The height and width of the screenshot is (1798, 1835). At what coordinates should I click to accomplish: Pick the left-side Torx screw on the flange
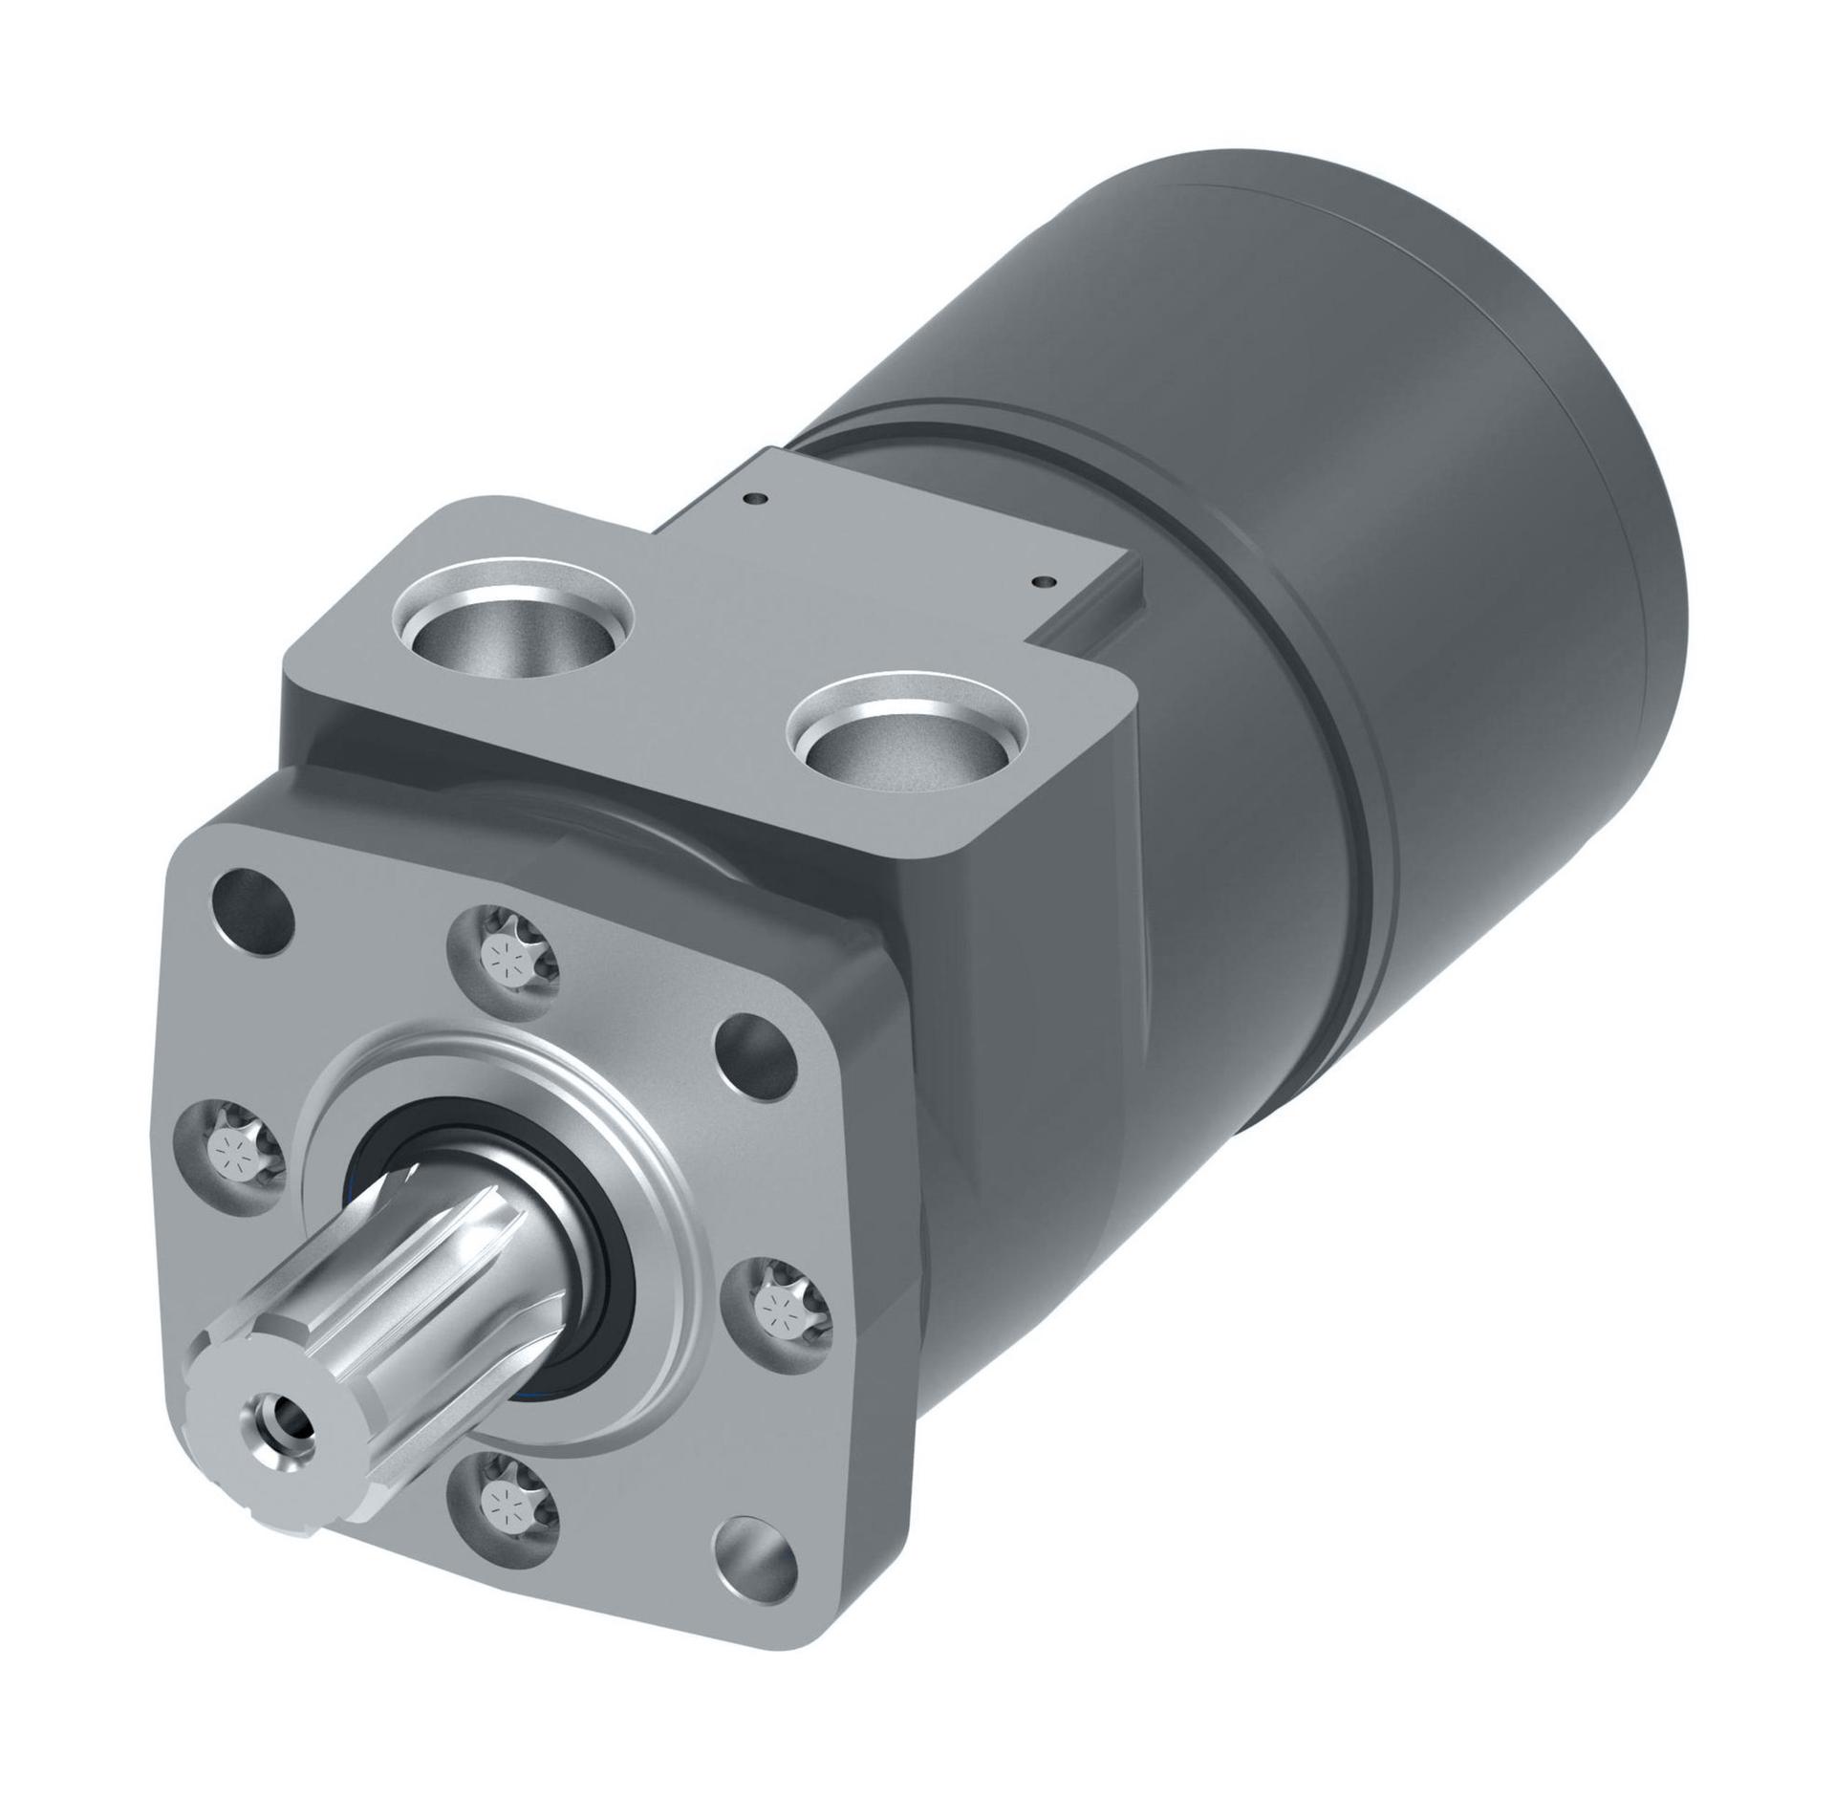pyautogui.click(x=234, y=1153)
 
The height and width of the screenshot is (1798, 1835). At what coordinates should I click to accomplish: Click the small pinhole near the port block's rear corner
pyautogui.click(x=757, y=497)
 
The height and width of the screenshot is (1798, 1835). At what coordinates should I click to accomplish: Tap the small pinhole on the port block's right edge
pyautogui.click(x=1043, y=580)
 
